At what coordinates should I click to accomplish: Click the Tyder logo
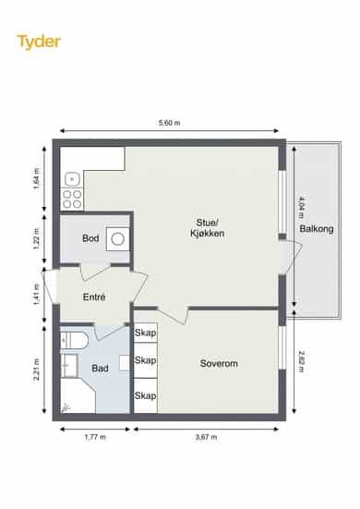coord(39,42)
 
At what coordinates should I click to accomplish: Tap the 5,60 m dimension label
coord(169,123)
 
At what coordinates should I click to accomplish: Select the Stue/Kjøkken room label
coord(208,228)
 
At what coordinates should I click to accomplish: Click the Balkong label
coord(317,229)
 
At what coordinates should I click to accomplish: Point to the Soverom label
coord(219,364)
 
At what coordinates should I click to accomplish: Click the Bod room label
coord(90,238)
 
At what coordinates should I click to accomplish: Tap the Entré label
coord(94,297)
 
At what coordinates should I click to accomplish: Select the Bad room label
coord(100,368)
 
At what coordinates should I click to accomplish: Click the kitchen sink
coord(73,179)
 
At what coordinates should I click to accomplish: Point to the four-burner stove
coord(72,199)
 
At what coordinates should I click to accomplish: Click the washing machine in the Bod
coord(118,239)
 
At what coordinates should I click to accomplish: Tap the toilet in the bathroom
coord(74,341)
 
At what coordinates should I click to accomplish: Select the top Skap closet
coord(146,333)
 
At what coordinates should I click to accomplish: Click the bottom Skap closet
coord(146,395)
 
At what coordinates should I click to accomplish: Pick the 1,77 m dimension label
coord(95,437)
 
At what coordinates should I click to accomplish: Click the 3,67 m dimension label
coord(206,437)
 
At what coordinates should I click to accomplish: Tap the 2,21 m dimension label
coord(36,370)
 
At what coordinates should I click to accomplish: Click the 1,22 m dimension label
coord(36,239)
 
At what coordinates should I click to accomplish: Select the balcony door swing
coord(291,257)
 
